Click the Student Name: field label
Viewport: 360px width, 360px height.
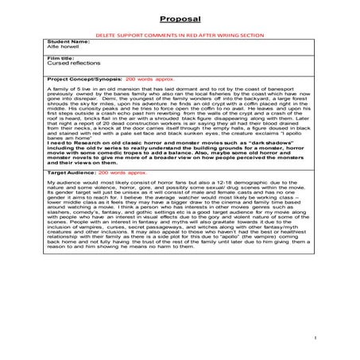(x=68, y=43)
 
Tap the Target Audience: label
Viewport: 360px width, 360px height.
(x=72, y=192)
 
